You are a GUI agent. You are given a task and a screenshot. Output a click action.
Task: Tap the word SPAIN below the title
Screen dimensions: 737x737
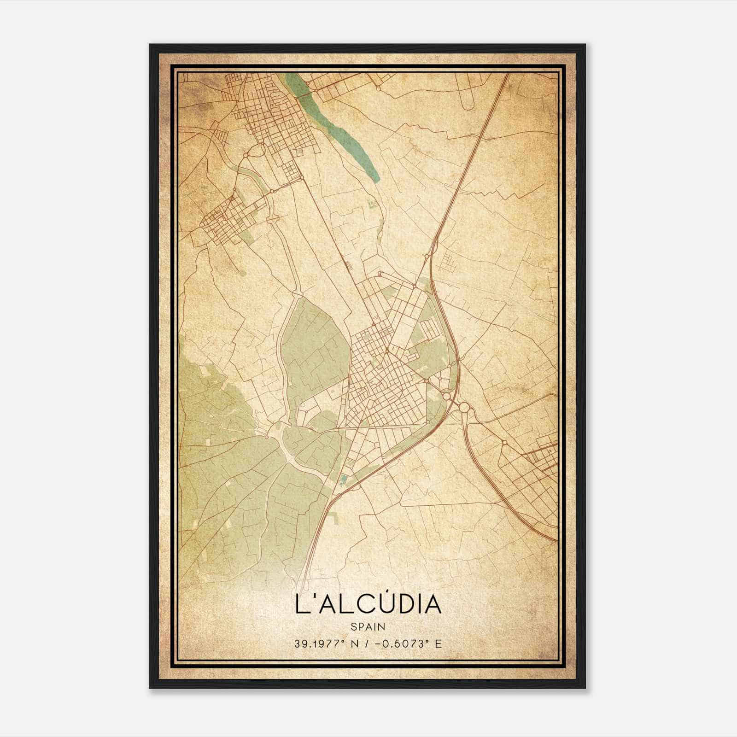pyautogui.click(x=368, y=626)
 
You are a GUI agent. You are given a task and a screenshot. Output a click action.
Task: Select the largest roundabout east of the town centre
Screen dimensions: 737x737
pyautogui.click(x=463, y=407)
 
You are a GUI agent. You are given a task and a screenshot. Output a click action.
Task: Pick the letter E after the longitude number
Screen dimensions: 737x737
pyautogui.click(x=438, y=643)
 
